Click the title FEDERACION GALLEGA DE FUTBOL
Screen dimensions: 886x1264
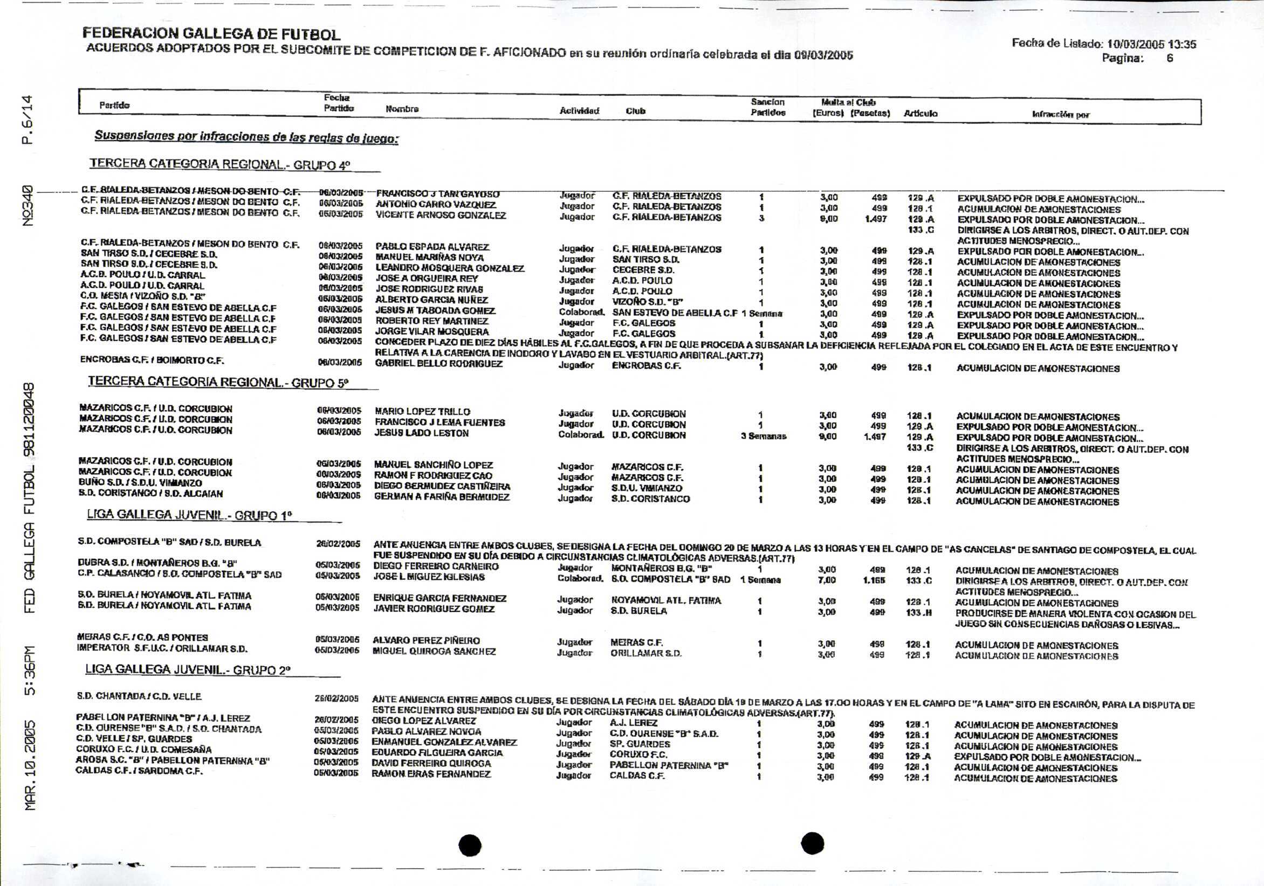[211, 34]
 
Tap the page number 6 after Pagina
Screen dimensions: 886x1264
[1169, 58]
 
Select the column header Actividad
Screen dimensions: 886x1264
[579, 111]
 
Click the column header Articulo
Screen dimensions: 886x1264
[920, 114]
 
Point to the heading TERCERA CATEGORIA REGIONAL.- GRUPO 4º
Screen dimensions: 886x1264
[220, 164]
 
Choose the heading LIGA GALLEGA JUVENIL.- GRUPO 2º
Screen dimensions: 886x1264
[188, 670]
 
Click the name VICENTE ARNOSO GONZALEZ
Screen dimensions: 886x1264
[441, 215]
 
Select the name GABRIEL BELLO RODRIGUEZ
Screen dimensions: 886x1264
[438, 364]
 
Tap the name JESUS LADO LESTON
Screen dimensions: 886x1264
[421, 433]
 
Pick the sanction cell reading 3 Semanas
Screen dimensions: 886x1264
[764, 437]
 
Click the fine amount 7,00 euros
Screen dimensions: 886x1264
[826, 580]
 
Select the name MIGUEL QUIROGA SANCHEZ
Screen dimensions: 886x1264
[434, 652]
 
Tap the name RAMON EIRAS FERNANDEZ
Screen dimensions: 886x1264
[430, 774]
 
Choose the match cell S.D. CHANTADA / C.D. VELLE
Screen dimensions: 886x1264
[139, 696]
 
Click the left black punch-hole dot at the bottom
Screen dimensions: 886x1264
[470, 845]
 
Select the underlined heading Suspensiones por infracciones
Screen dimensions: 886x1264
[246, 136]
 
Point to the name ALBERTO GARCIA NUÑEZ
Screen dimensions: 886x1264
[431, 300]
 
